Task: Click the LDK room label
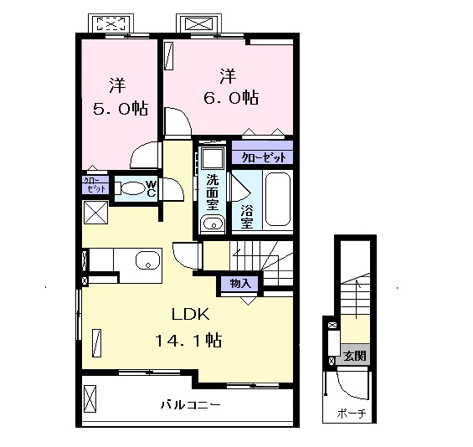pyautogui.click(x=191, y=315)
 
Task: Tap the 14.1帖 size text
pyautogui.click(x=188, y=340)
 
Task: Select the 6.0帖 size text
pyautogui.click(x=231, y=97)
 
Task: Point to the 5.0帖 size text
pyautogui.click(x=120, y=109)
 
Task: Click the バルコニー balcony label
pyautogui.click(x=190, y=405)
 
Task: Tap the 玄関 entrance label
pyautogui.click(x=355, y=356)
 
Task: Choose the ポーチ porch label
pyautogui.click(x=352, y=414)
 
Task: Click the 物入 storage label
pyautogui.click(x=240, y=284)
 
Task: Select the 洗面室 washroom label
pyautogui.click(x=213, y=193)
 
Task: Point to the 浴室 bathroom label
pyautogui.click(x=247, y=217)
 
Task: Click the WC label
pyautogui.click(x=152, y=188)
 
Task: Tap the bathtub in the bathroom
pyautogui.click(x=278, y=199)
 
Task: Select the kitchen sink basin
pyautogui.click(x=148, y=260)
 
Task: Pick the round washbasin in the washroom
pyautogui.click(x=213, y=224)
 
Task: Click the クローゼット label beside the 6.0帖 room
pyautogui.click(x=264, y=157)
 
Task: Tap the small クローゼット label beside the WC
pyautogui.click(x=95, y=185)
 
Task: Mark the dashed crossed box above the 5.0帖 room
pyautogui.click(x=111, y=23)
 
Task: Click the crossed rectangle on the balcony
pyautogui.click(x=90, y=398)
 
